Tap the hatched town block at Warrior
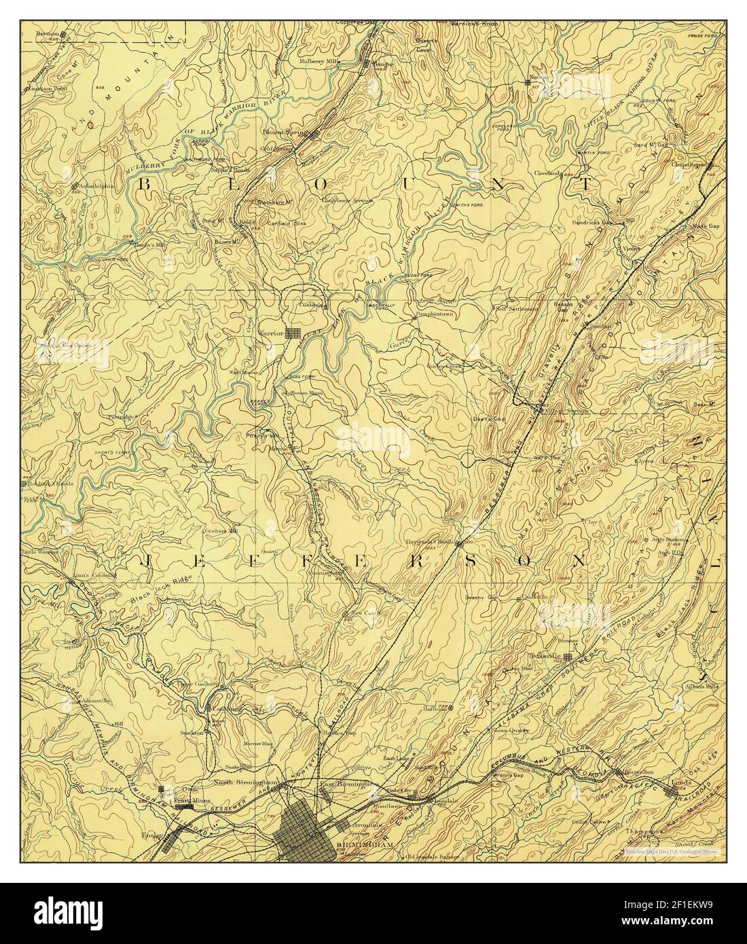pyautogui.click(x=293, y=333)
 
